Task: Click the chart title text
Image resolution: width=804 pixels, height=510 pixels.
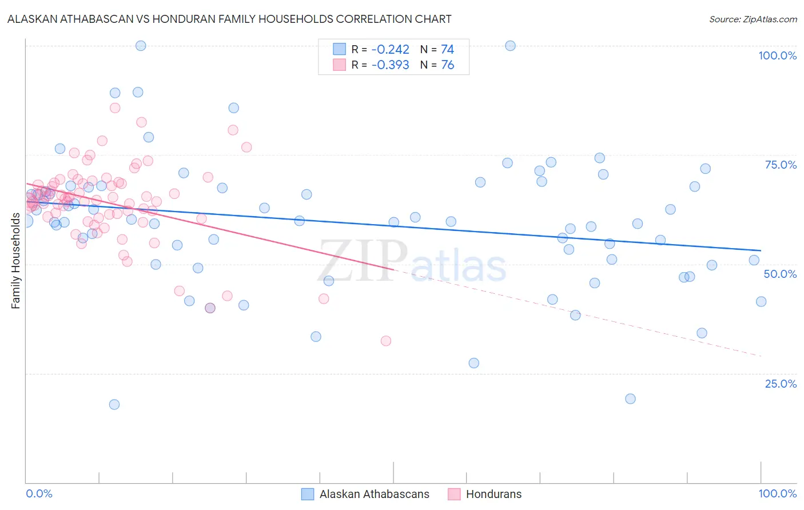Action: (229, 19)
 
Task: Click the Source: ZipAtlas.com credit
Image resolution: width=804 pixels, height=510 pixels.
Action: (753, 19)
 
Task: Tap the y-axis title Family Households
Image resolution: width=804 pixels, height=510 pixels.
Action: (15, 261)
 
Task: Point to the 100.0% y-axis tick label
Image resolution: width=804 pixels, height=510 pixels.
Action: (777, 55)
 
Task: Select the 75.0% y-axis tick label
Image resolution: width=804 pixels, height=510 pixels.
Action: (781, 165)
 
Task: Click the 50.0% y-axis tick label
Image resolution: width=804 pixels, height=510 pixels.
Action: (780, 274)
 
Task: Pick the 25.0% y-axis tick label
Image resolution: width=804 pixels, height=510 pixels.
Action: (781, 383)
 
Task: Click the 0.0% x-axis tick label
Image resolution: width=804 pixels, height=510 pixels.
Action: (39, 493)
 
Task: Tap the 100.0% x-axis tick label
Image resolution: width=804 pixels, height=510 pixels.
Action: (777, 493)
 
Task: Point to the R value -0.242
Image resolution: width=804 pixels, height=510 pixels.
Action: (390, 49)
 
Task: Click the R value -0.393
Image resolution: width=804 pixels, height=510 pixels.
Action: (390, 65)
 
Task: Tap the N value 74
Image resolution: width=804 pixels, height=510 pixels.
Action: (447, 49)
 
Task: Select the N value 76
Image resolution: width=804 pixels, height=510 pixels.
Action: (447, 65)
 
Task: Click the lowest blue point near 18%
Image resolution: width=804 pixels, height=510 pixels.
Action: (114, 404)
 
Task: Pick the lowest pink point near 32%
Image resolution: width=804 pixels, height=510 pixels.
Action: (386, 341)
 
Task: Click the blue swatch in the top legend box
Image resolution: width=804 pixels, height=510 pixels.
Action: (340, 49)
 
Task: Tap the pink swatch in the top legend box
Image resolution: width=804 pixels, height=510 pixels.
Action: (340, 65)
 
